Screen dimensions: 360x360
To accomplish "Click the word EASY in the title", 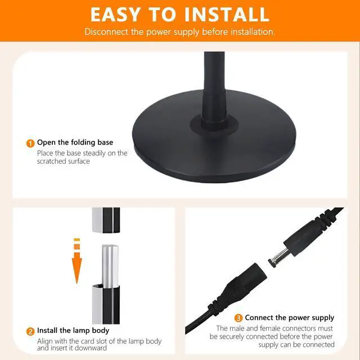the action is tap(115, 15).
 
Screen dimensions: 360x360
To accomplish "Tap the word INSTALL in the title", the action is tap(227, 15).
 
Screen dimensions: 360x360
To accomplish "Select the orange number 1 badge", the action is tap(30, 143).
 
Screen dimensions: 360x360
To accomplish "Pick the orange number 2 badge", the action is tap(30, 331).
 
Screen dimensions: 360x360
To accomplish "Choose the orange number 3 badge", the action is tap(238, 318).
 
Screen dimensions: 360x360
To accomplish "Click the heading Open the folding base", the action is tap(75, 142).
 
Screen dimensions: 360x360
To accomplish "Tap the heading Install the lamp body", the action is tap(73, 330).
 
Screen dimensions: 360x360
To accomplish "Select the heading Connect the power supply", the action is tap(289, 317).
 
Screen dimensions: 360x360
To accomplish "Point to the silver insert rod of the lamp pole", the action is tap(110, 266).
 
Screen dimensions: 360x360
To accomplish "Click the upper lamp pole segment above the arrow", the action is tap(106, 220).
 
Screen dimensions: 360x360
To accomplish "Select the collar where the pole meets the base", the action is tap(214, 125).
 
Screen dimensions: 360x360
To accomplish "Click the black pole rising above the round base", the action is tap(214, 87).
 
